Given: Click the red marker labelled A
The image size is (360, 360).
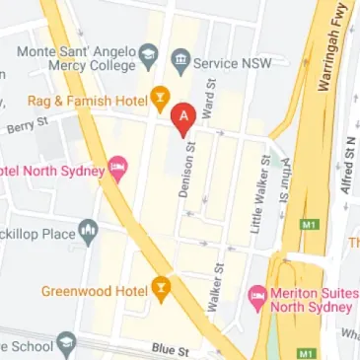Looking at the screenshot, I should click(182, 118).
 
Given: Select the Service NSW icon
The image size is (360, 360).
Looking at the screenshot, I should click(180, 61).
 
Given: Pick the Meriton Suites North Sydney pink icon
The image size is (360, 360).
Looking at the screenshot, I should click(257, 294).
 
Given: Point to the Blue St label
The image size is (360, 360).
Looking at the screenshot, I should click(170, 350).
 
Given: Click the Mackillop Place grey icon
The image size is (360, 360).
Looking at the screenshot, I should click(90, 233).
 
